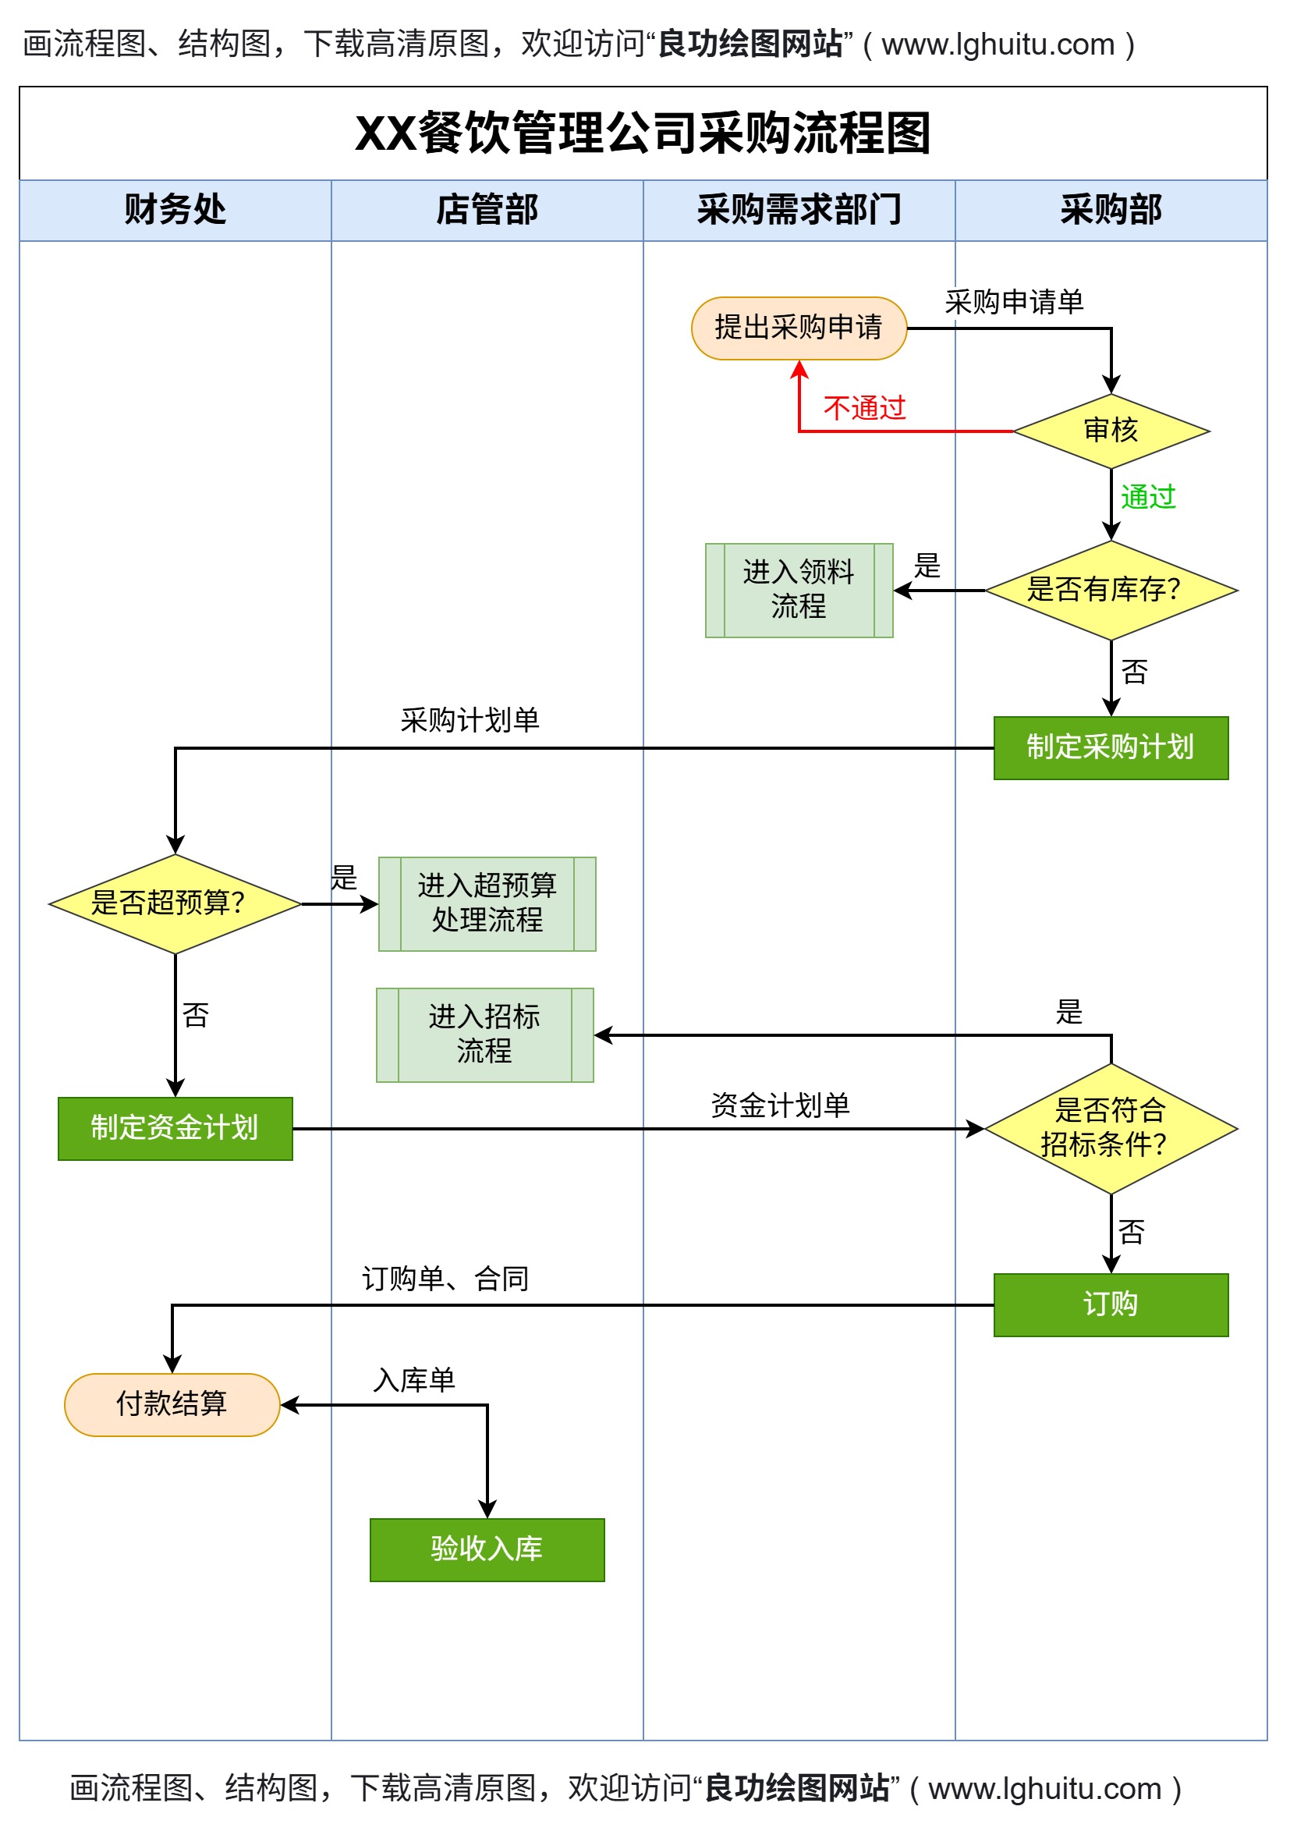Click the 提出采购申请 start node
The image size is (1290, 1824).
799,328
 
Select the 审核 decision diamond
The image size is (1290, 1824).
1111,431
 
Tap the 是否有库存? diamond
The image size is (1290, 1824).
1111,591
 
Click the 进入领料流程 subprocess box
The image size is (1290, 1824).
799,591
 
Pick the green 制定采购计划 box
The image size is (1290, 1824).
1111,747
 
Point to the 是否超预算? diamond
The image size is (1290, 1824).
175,903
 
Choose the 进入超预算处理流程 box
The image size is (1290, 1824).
487,903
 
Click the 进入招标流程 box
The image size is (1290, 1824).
484,1034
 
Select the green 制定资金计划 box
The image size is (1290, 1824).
175,1128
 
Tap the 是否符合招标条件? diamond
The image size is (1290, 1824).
1111,1128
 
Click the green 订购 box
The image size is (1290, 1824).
1111,1304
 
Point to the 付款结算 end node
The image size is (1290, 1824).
172,1403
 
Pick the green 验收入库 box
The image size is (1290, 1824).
487,1549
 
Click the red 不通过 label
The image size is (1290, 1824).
864,408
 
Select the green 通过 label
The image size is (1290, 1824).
1148,497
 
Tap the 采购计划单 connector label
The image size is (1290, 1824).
470,721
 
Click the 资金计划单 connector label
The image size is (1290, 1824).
780,1105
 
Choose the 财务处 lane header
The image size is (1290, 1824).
175,211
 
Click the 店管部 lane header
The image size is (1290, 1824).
487,211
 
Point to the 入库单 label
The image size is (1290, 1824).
414,1380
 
